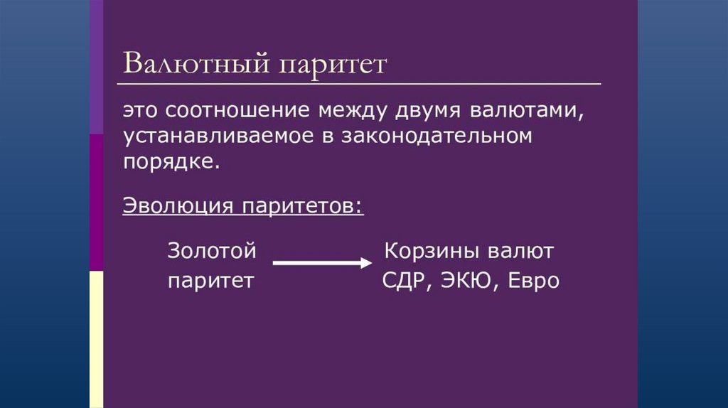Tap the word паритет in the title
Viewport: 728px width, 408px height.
tap(333, 64)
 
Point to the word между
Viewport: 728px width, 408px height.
tap(350, 112)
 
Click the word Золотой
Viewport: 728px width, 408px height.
tap(211, 252)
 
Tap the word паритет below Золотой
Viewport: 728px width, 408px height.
tap(210, 281)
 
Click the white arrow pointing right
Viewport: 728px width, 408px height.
tap(322, 263)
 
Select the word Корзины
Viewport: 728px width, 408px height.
tap(429, 252)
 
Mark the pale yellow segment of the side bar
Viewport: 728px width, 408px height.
tap(96, 338)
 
